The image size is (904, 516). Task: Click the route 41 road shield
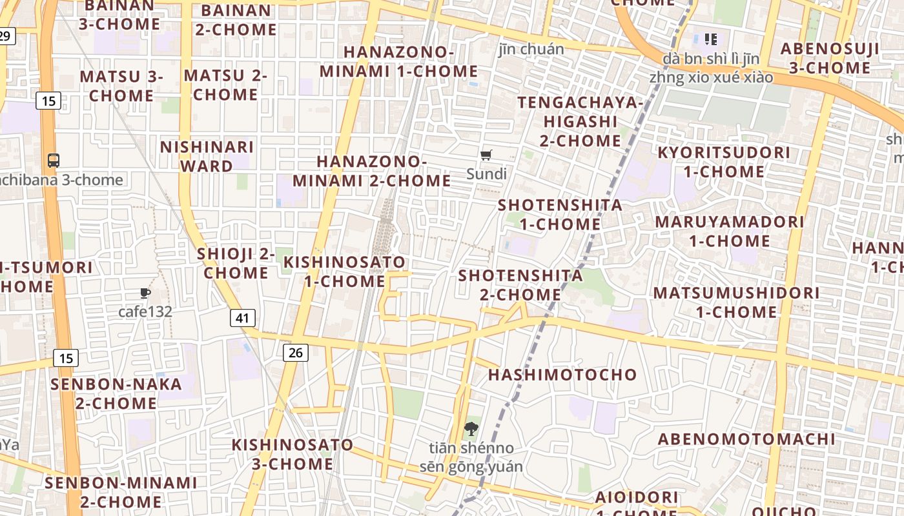pyautogui.click(x=242, y=317)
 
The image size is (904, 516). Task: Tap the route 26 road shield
pyautogui.click(x=295, y=352)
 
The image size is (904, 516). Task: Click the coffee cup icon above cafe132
pyautogui.click(x=145, y=293)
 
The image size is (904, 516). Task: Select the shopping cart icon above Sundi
pyautogui.click(x=486, y=155)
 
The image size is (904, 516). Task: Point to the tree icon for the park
pyautogui.click(x=471, y=428)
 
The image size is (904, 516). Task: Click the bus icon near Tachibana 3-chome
pyautogui.click(x=54, y=161)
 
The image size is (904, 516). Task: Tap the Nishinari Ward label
pyautogui.click(x=207, y=156)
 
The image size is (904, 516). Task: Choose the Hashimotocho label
pyautogui.click(x=562, y=375)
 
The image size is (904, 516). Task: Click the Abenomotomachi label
pyautogui.click(x=746, y=439)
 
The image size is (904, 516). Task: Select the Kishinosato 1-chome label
pyautogui.click(x=345, y=272)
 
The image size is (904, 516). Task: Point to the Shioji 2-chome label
pyautogui.click(x=236, y=263)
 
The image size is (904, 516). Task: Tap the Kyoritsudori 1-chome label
pyautogui.click(x=723, y=162)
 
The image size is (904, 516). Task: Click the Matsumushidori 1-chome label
pyautogui.click(x=736, y=302)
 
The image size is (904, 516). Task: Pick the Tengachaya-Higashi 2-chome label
pyautogui.click(x=580, y=121)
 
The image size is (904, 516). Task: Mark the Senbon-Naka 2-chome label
pyautogui.click(x=116, y=393)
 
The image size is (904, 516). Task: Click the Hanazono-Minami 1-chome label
pyautogui.click(x=398, y=61)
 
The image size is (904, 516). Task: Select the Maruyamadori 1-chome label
pyautogui.click(x=730, y=231)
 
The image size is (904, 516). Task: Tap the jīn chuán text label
pyautogui.click(x=531, y=49)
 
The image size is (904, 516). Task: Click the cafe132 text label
pyautogui.click(x=145, y=312)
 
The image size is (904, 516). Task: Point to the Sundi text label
pyautogui.click(x=486, y=174)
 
